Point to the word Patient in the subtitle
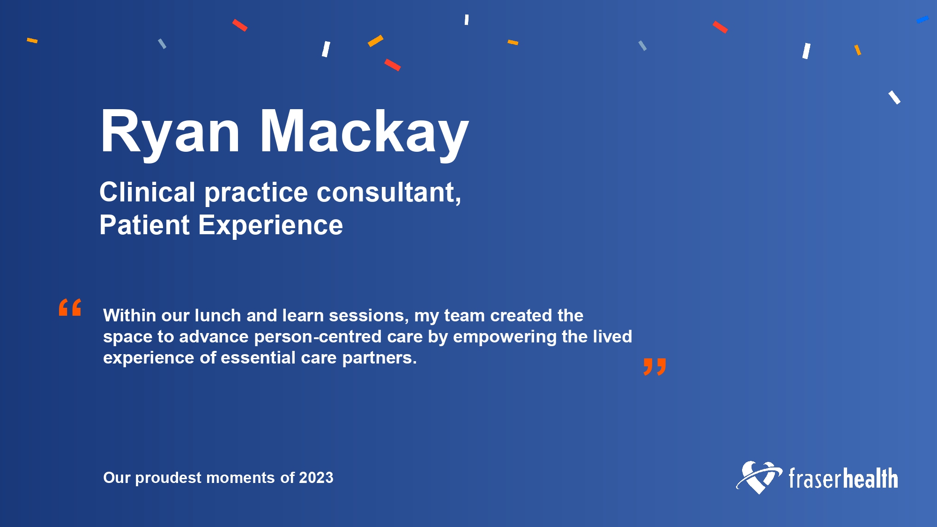144,225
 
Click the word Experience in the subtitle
270,226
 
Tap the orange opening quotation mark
70,307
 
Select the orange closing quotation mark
654,367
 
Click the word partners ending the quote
379,358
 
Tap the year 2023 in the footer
316,477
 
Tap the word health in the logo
870,478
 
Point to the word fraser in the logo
815,478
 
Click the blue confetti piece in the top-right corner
922,20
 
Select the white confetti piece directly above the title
326,49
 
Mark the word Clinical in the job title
147,192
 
